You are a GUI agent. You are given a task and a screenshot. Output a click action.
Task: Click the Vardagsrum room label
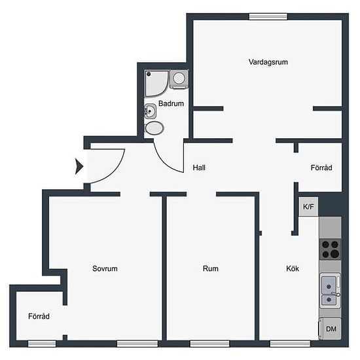268,62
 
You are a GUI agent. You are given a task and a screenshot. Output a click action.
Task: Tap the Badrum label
171,103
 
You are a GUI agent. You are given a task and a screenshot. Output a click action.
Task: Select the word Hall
199,168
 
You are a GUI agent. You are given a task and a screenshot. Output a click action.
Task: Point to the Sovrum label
105,268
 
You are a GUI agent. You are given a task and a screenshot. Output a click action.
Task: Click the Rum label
211,268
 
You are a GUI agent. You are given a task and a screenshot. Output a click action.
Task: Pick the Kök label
293,268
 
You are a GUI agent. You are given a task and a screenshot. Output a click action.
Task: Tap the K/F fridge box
308,207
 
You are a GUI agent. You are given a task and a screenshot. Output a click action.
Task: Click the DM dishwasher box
331,329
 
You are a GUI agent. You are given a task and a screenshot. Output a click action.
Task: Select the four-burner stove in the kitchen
331,249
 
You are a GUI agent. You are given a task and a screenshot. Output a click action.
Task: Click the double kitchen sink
331,291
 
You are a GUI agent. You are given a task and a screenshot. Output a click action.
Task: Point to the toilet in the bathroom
154,128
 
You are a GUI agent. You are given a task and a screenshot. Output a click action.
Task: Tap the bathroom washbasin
150,111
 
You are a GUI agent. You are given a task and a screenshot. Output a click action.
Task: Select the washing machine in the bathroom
179,79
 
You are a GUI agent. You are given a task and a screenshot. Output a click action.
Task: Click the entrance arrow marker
79,166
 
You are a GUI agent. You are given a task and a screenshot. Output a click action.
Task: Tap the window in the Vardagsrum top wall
268,16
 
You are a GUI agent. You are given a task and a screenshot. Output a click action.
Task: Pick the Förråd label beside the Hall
321,168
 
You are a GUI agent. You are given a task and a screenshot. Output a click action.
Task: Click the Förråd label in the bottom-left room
39,316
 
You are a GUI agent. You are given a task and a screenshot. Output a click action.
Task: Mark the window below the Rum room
210,344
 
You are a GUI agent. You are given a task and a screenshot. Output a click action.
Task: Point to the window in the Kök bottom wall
290,344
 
